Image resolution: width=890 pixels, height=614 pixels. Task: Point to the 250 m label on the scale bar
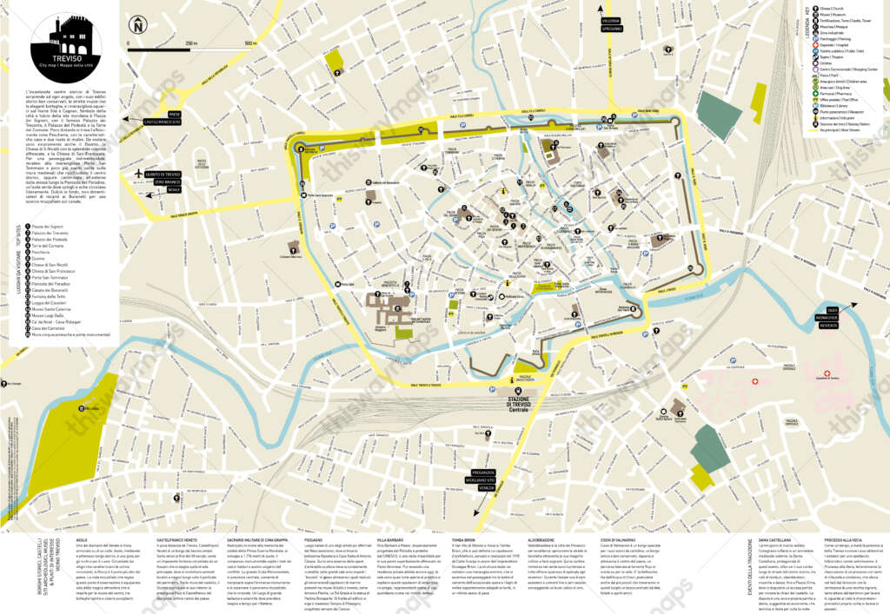tap(190, 43)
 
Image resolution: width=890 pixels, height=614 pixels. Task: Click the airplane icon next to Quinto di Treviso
tap(139, 173)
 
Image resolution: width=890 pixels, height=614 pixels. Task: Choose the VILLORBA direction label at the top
tap(611, 19)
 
